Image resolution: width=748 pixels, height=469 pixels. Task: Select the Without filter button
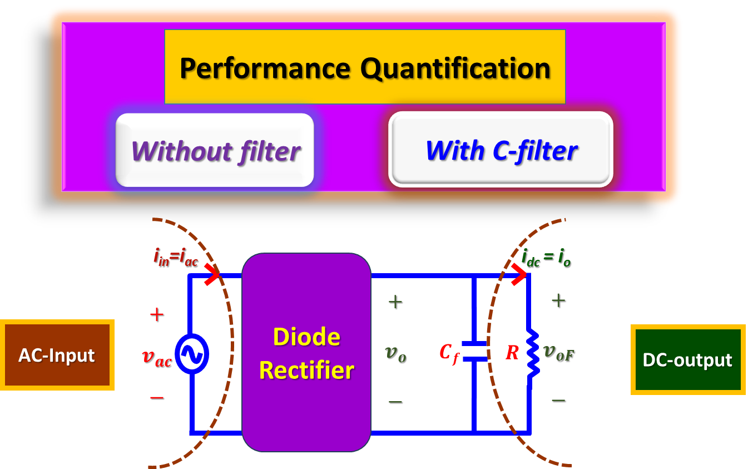click(x=215, y=150)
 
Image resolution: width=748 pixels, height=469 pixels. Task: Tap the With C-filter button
click(x=501, y=150)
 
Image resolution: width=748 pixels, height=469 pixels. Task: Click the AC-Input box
click(x=57, y=355)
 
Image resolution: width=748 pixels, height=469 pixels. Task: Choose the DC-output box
click(x=687, y=360)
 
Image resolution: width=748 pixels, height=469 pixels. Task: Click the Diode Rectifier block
click(x=306, y=353)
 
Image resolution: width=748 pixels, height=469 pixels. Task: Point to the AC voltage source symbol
click(x=191, y=354)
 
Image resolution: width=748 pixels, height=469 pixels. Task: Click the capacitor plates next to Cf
click(x=474, y=352)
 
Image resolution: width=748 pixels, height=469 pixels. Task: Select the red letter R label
click(x=512, y=353)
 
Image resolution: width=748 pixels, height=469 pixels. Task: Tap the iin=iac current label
click(x=175, y=258)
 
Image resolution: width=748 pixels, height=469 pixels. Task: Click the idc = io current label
click(x=546, y=258)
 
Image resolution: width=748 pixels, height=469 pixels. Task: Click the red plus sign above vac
click(x=156, y=315)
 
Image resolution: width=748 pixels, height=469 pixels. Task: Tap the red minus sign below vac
click(x=156, y=397)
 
